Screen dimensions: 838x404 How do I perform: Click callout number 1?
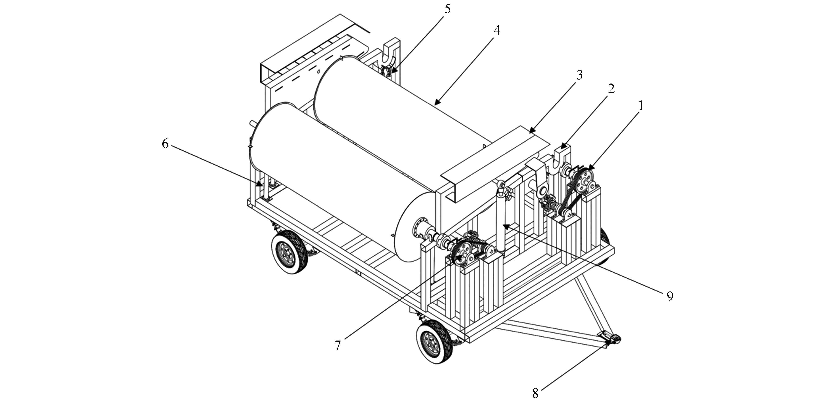click(x=641, y=105)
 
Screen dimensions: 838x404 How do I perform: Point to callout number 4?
click(x=496, y=30)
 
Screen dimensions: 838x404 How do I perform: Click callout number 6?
click(x=165, y=143)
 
